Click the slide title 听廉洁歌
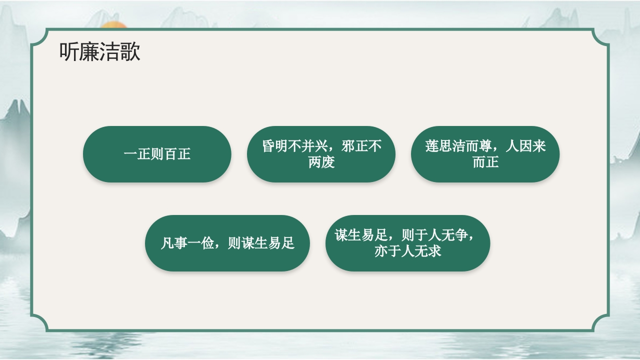tap(99, 52)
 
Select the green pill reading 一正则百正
tap(157, 154)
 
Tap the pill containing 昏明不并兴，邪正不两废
tap(321, 154)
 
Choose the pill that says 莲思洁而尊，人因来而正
tap(485, 154)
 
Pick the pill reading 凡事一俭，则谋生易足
tap(227, 243)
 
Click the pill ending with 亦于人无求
tap(407, 243)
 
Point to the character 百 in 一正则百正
tap(171, 154)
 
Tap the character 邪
tap(348, 146)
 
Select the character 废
tap(328, 162)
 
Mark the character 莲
tap(432, 146)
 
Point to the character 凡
tap(167, 243)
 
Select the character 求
tap(434, 251)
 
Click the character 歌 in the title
tap(130, 52)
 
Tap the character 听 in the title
tap(69, 52)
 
